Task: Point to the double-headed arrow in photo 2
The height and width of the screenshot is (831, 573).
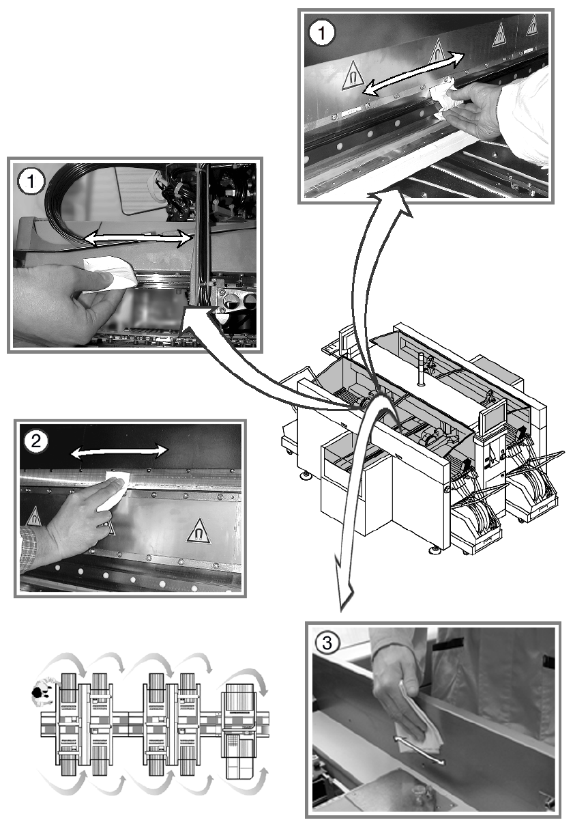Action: click(120, 450)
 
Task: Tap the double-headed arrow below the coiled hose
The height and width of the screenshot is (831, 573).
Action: click(136, 238)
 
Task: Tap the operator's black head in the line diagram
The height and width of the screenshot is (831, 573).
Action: click(37, 692)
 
